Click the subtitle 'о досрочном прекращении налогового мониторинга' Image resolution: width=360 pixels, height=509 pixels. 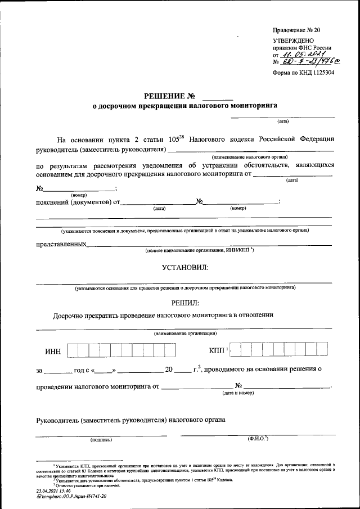[185, 105]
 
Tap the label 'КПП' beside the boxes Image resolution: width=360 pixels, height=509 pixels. [217, 351]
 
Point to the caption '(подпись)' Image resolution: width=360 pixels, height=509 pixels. [101, 439]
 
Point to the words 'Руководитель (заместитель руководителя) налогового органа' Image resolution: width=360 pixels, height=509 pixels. [130, 420]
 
